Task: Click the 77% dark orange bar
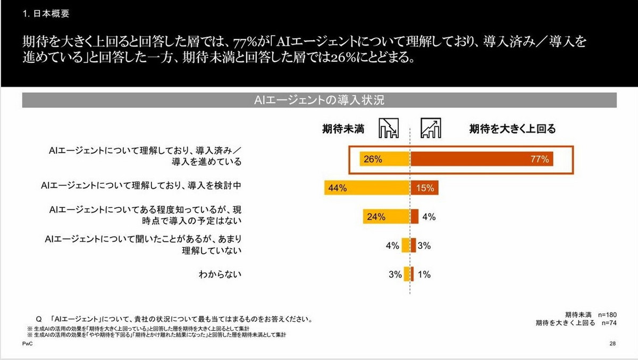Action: (x=481, y=159)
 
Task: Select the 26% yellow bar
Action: (x=384, y=159)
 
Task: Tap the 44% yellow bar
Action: (x=367, y=188)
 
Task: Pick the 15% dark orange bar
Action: (x=424, y=188)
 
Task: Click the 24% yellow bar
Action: (x=386, y=216)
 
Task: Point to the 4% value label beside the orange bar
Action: (x=429, y=216)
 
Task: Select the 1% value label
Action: (x=424, y=274)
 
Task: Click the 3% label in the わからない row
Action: (x=394, y=274)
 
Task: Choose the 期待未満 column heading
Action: (x=343, y=129)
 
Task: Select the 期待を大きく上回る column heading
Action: (x=512, y=129)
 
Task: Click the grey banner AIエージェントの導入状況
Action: (x=319, y=100)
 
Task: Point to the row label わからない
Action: (x=220, y=274)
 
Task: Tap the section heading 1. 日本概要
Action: (x=46, y=14)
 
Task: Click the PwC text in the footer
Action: (x=27, y=344)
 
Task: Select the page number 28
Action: (x=612, y=344)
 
